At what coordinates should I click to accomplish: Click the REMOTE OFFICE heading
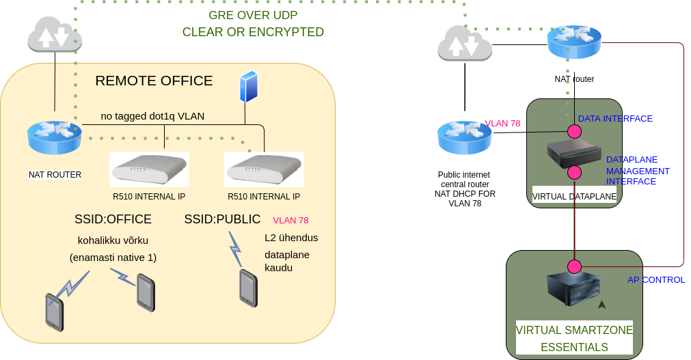pyautogui.click(x=154, y=81)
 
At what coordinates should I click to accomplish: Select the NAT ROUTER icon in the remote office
pyautogui.click(x=54, y=137)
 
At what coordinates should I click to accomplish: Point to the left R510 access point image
pyautogui.click(x=149, y=169)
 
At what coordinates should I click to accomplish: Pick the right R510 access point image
pyautogui.click(x=264, y=169)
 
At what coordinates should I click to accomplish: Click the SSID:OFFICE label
pyautogui.click(x=113, y=219)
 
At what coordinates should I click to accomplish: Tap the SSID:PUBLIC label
pyautogui.click(x=222, y=219)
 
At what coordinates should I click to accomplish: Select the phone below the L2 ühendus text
pyautogui.click(x=248, y=288)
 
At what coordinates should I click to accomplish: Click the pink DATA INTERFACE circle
pyautogui.click(x=574, y=130)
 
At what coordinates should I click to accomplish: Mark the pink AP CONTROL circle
pyautogui.click(x=574, y=266)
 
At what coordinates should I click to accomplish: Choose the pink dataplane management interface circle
pyautogui.click(x=574, y=171)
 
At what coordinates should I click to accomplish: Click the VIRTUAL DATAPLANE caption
pyautogui.click(x=574, y=197)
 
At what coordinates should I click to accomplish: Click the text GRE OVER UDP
pyautogui.click(x=253, y=15)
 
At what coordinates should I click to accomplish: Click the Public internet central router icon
pyautogui.click(x=465, y=137)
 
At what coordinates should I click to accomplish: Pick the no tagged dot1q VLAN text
pyautogui.click(x=152, y=116)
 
